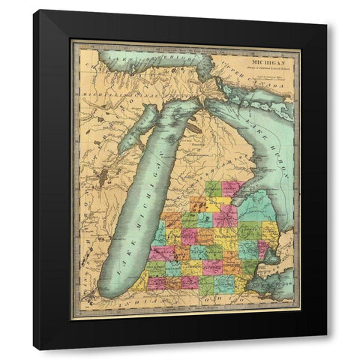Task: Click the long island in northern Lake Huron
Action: coord(241,97)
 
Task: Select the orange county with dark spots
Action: coord(199,203)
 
